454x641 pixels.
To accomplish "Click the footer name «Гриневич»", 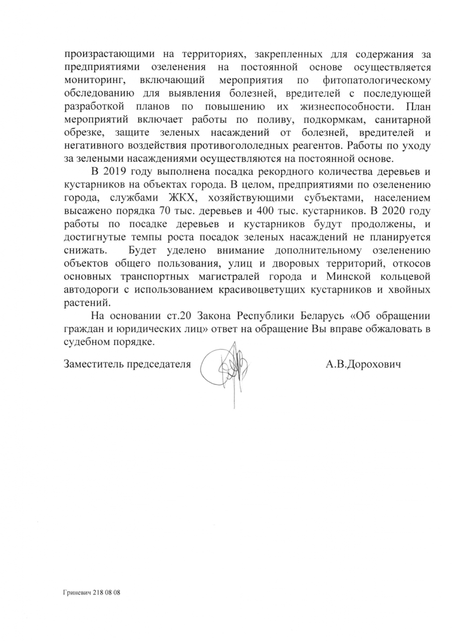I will pyautogui.click(x=77, y=592).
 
